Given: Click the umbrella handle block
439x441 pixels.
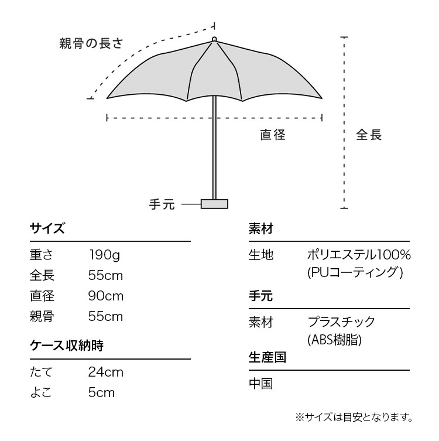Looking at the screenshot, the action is click(214, 204).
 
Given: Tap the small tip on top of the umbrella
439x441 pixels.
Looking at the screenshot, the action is click(214, 39).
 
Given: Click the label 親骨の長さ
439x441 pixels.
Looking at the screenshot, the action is click(91, 43).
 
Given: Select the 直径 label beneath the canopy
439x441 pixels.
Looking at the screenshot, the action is click(273, 135).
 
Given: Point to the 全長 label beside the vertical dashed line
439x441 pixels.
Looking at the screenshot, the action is click(369, 135).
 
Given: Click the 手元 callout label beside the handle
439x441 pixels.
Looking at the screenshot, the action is click(162, 204).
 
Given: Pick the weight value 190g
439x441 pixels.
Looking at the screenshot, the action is click(104, 255).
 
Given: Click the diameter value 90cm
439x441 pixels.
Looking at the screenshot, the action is click(106, 296).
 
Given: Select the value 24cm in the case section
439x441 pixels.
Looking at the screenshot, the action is click(106, 372).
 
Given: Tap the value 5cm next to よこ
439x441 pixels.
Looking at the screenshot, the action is click(101, 392).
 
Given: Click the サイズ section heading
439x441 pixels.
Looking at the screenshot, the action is click(47, 228).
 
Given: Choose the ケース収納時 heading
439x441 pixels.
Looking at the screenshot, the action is click(67, 346).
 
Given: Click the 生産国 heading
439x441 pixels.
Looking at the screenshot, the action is click(267, 357).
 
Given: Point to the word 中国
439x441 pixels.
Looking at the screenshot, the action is click(261, 384).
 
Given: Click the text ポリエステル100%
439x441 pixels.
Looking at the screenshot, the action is click(359, 255).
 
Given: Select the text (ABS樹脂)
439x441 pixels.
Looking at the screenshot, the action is click(334, 340).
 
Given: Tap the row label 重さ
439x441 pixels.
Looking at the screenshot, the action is click(42, 255).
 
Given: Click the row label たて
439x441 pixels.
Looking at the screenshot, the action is click(42, 372).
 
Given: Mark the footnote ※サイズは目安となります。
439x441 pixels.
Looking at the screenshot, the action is click(354, 417).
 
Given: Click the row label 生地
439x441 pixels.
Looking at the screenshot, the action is click(261, 255).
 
